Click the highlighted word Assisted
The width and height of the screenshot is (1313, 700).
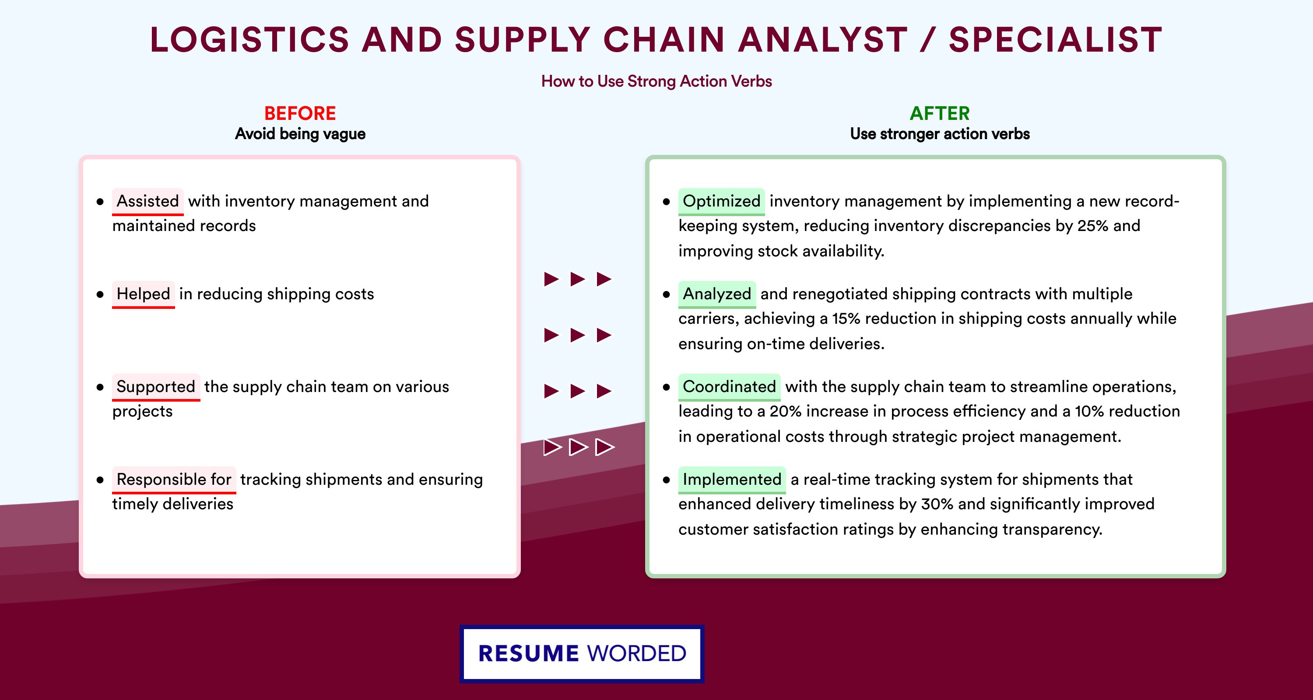[x=148, y=201]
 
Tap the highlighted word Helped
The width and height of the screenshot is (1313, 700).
[x=143, y=294]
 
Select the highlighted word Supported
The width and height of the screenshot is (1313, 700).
[x=156, y=387]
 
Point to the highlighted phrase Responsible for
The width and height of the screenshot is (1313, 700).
[x=174, y=479]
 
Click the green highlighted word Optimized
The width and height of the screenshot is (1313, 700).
[x=721, y=201]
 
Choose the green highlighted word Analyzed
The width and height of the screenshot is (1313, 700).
[x=716, y=294]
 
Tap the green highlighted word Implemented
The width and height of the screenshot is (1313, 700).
[x=732, y=479]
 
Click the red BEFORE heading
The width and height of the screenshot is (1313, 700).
[x=300, y=113]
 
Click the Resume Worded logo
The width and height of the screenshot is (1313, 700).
[x=582, y=654]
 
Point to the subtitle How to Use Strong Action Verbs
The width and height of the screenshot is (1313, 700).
[x=656, y=81]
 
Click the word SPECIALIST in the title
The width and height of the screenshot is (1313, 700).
[x=1056, y=40]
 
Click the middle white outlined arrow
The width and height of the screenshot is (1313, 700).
[x=578, y=447]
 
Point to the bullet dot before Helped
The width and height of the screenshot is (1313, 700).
[x=100, y=294]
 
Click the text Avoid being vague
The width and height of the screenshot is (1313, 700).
[x=300, y=134]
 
